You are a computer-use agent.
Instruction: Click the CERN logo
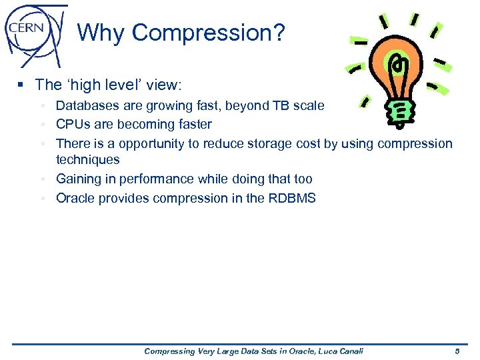pos(35,33)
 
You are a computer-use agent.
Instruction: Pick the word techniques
pos(87,160)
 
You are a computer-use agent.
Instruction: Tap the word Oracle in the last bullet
pos(76,198)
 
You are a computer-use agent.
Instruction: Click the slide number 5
pos(457,351)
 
